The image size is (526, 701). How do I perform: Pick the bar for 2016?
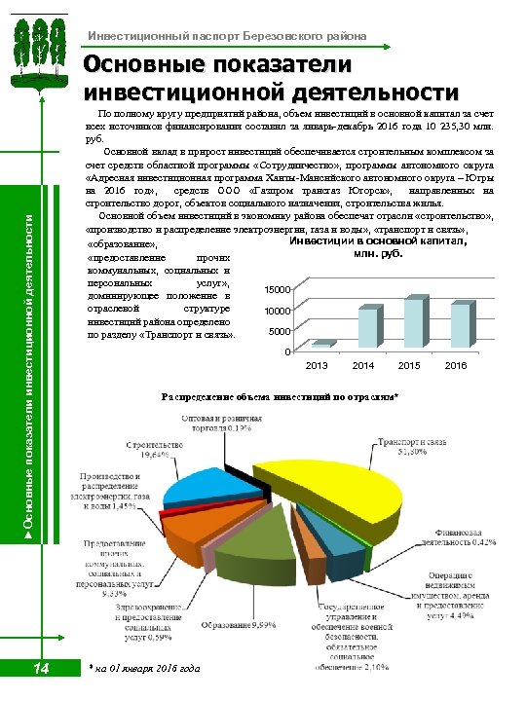click(459, 325)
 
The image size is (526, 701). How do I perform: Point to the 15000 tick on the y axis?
click(276, 290)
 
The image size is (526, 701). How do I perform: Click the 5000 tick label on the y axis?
click(279, 331)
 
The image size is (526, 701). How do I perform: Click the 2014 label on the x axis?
click(363, 365)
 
